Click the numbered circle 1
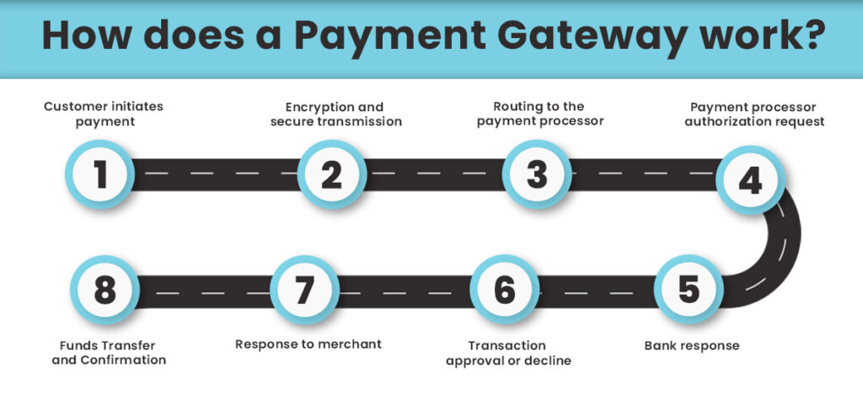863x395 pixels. (101, 175)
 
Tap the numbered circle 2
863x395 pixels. (331, 175)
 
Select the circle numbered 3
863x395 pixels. (537, 175)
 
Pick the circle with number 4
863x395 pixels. (750, 180)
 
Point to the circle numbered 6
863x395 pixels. (504, 291)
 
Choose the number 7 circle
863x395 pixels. (304, 291)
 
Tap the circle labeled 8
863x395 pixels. (105, 291)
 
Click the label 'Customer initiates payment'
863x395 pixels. (103, 114)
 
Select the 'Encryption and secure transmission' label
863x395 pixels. (335, 114)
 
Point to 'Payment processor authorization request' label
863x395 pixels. (754, 114)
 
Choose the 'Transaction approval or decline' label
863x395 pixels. (507, 353)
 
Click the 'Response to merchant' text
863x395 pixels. (308, 344)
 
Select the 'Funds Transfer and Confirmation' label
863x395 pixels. (112, 353)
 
